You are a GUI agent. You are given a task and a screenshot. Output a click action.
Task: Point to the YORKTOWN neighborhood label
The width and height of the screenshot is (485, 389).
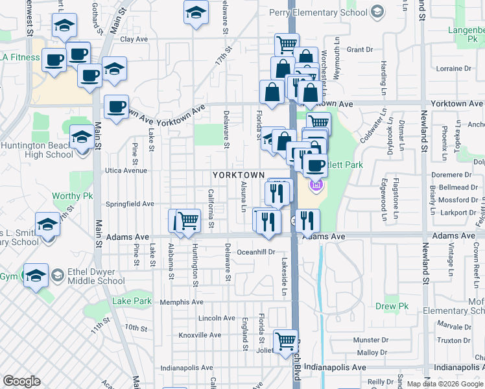tap(239, 175)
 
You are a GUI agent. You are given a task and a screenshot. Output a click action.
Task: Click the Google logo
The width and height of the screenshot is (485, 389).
tap(21, 381)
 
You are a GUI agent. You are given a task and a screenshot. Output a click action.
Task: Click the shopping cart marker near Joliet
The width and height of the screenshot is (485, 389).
tap(285, 340)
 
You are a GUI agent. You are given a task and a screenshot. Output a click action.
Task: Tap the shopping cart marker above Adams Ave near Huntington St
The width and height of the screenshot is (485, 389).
tap(188, 220)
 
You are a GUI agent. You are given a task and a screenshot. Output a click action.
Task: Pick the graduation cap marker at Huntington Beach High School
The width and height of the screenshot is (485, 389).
tap(82, 137)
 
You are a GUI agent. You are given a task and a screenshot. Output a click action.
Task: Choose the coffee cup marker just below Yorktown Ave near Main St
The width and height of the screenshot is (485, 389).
tap(116, 107)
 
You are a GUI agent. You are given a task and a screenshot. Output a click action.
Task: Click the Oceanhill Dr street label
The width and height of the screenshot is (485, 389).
tap(256, 252)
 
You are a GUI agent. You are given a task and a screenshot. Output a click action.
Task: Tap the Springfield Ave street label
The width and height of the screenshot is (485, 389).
tap(130, 204)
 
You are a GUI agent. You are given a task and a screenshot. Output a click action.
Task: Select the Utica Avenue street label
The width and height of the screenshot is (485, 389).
tap(127, 171)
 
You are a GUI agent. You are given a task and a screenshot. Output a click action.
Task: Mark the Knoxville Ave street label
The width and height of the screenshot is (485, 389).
tap(201, 335)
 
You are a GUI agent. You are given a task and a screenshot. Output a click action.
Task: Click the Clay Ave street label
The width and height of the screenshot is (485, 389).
tap(134, 39)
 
